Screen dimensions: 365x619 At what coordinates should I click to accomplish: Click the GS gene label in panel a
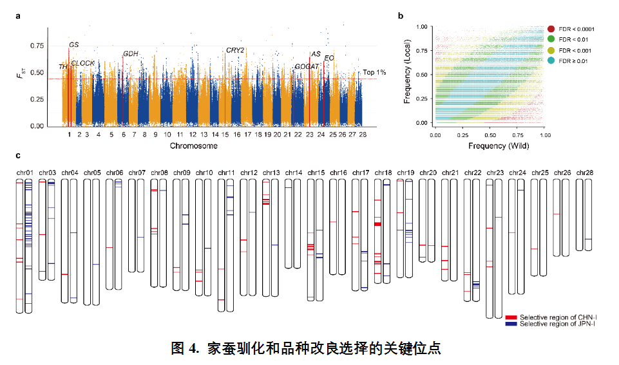click(x=74, y=44)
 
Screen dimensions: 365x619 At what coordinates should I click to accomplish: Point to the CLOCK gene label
click(x=83, y=63)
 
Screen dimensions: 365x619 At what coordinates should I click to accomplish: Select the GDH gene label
click(x=130, y=53)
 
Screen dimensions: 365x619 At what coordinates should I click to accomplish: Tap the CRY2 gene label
click(x=235, y=50)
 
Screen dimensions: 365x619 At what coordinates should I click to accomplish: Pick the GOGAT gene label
click(x=306, y=66)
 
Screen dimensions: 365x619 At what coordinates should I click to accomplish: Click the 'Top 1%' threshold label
click(x=374, y=73)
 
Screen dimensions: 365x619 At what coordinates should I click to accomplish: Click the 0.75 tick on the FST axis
click(x=36, y=46)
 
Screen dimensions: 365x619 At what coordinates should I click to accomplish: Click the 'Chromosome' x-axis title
click(x=193, y=146)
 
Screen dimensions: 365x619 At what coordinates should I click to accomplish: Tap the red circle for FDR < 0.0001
click(x=551, y=29)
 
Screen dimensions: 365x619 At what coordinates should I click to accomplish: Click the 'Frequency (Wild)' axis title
click(x=488, y=145)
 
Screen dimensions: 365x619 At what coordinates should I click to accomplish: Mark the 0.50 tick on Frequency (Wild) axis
click(x=490, y=135)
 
